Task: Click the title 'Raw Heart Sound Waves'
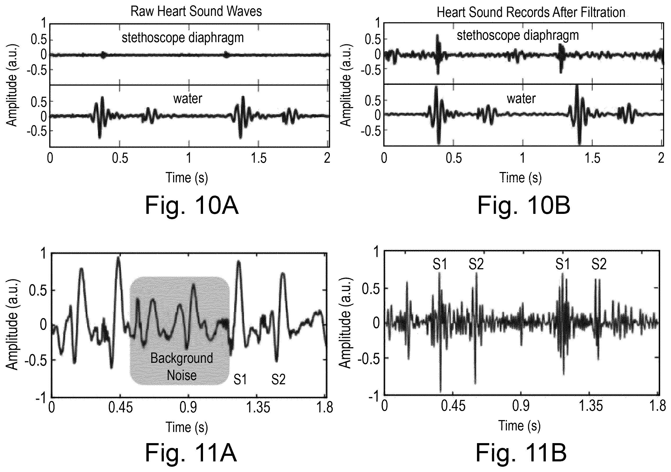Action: point(196,11)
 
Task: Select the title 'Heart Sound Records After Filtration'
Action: point(531,12)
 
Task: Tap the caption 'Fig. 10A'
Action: point(192,205)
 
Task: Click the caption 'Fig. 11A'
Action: point(191,452)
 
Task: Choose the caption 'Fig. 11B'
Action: point(521,452)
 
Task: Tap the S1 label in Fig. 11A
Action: point(240,380)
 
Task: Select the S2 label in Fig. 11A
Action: point(278,380)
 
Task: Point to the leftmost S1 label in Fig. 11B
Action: point(440,264)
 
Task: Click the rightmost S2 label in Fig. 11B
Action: point(599,264)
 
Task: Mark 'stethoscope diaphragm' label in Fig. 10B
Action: point(518,36)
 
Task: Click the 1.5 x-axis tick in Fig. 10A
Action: point(259,158)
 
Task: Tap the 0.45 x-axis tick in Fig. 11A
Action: point(120,407)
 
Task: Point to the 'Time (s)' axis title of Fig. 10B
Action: point(520,178)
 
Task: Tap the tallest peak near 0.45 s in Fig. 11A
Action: point(118,258)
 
